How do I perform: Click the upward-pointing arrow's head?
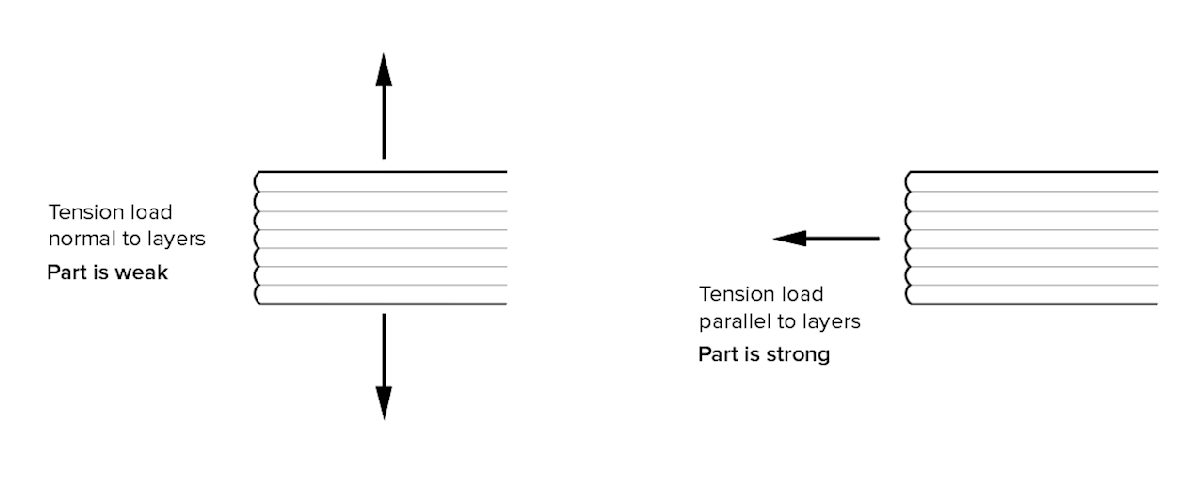[x=383, y=70]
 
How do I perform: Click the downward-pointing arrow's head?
[x=383, y=402]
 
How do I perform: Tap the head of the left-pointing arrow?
[x=790, y=238]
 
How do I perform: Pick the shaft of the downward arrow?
[x=383, y=350]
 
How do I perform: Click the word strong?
[x=798, y=354]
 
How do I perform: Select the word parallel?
[x=734, y=322]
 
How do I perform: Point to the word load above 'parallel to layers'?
[x=802, y=294]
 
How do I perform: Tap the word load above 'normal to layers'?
[x=151, y=212]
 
